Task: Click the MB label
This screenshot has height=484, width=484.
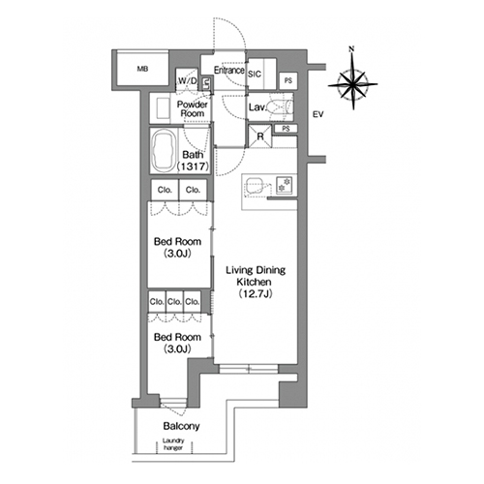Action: [x=142, y=69]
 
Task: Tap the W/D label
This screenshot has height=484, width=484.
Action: [x=188, y=80]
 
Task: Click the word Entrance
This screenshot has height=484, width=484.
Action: [x=229, y=70]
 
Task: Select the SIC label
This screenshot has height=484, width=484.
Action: [x=255, y=74]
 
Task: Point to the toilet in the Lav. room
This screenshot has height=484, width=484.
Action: [x=280, y=106]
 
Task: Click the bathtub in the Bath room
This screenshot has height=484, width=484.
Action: [x=164, y=151]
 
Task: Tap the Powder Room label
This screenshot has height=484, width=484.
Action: [x=193, y=108]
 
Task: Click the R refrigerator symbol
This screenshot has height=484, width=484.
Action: [x=260, y=136]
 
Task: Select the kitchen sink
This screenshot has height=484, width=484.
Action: [x=255, y=186]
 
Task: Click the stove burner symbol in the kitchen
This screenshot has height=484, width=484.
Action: [x=285, y=185]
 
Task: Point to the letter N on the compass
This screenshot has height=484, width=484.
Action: [x=351, y=49]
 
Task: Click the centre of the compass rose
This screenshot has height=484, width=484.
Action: [x=353, y=85]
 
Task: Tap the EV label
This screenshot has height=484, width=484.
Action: [x=318, y=114]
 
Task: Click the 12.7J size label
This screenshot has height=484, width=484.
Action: [x=256, y=294]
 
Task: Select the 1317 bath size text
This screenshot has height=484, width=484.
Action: [x=193, y=166]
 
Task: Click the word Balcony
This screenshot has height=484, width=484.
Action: [x=181, y=426]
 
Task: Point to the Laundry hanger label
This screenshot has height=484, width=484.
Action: [x=173, y=444]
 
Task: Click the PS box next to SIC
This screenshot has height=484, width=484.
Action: [x=288, y=80]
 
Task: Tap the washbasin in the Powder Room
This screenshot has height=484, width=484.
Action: [x=163, y=108]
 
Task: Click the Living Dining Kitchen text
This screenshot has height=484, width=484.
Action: [x=256, y=276]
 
